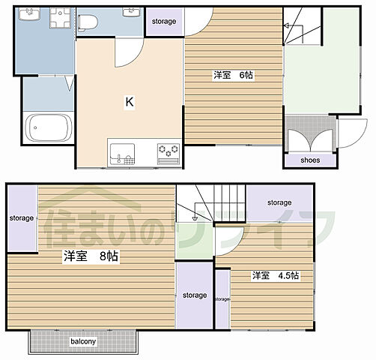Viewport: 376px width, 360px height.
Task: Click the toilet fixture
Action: [88, 22]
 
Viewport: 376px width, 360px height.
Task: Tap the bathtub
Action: [49, 128]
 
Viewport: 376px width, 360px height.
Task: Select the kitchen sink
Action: [122, 154]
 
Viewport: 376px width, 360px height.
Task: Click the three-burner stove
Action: [169, 154]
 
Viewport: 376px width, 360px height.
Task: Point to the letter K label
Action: [130, 102]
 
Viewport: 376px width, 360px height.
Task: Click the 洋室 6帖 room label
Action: [233, 75]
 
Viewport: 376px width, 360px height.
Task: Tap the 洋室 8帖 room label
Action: [91, 256]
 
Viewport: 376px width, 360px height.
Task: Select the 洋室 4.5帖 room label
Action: [276, 275]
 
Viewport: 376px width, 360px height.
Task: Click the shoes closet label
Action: [310, 160]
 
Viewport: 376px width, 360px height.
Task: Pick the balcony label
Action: [83, 341]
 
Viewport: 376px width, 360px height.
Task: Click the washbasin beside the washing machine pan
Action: [29, 14]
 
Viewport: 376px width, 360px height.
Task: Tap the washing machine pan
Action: [60, 18]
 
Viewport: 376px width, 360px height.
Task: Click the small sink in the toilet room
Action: [131, 12]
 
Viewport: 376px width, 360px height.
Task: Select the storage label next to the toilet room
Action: [164, 22]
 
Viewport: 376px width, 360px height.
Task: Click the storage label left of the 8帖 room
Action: [22, 218]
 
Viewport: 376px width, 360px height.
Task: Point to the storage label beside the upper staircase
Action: [279, 202]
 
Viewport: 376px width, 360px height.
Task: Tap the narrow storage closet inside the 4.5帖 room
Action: [222, 299]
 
